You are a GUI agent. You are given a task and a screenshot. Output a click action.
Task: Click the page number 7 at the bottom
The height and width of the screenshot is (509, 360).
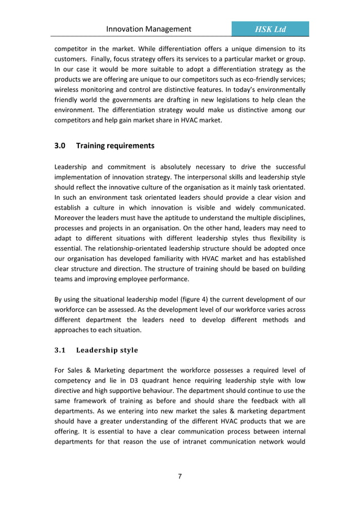pos(179,476)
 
